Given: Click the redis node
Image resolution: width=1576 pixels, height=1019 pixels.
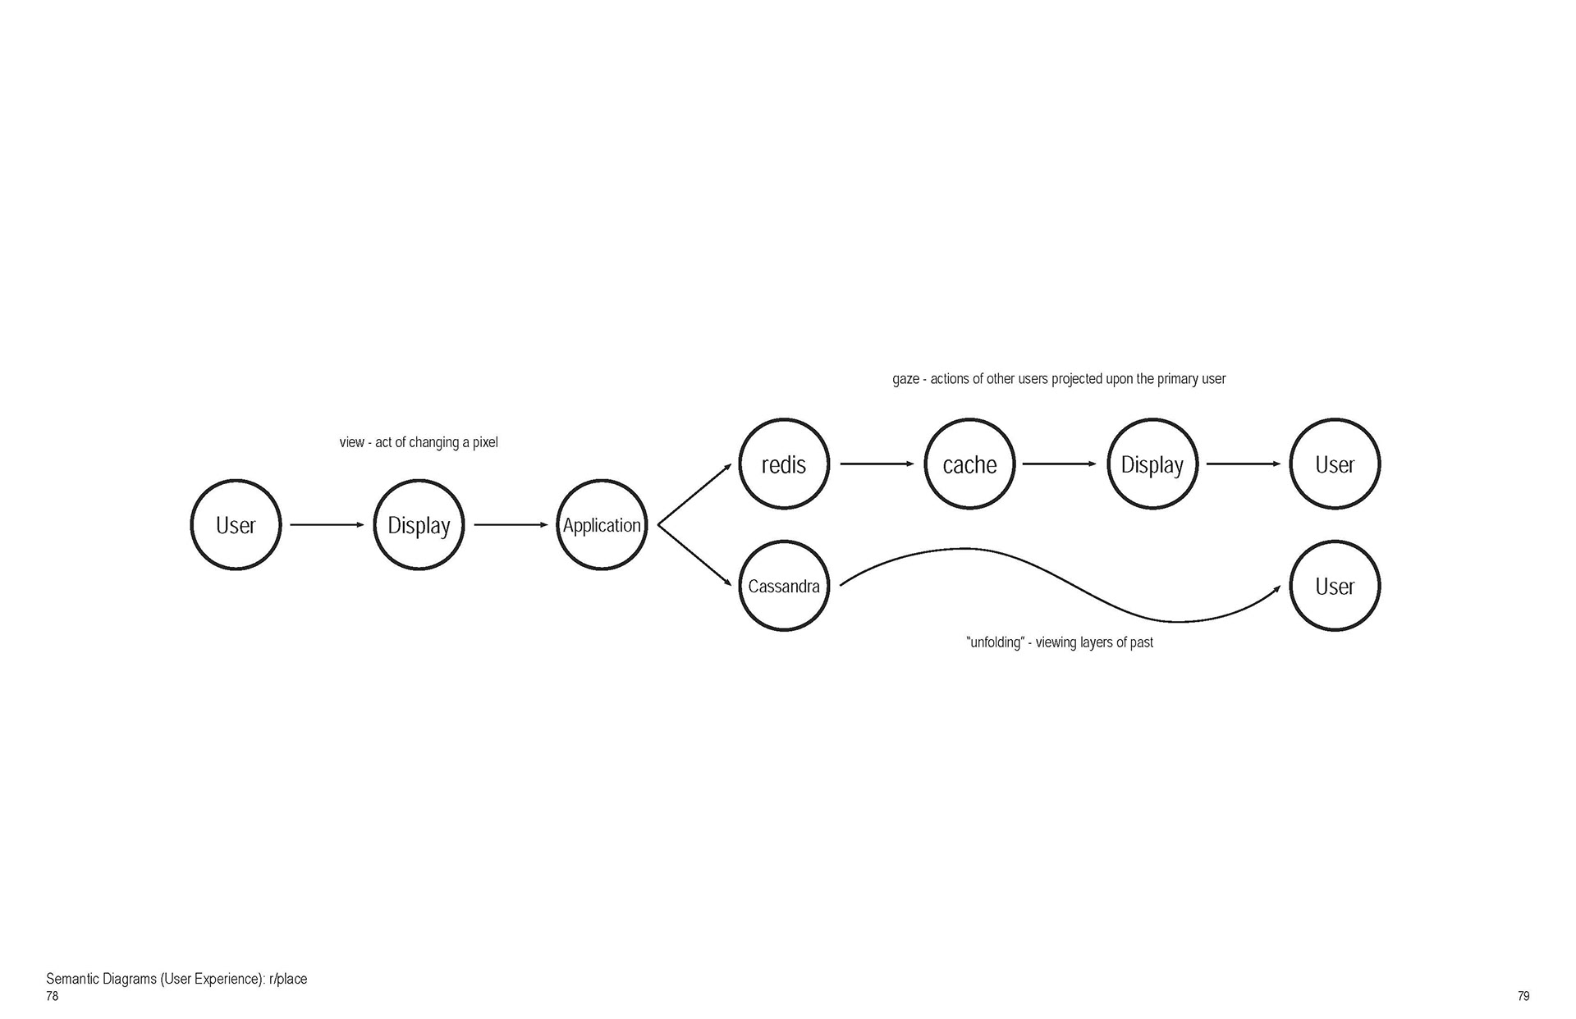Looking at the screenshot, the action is (784, 464).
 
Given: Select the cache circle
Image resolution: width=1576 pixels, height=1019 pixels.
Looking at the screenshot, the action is (969, 464).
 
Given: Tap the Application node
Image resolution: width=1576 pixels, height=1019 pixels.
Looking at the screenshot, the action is (602, 525).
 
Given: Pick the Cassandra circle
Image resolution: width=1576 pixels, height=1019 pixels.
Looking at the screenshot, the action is (784, 586).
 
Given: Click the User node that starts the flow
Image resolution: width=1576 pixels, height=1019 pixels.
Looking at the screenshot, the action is (236, 525).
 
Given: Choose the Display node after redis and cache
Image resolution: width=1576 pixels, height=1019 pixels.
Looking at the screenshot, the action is (1152, 464).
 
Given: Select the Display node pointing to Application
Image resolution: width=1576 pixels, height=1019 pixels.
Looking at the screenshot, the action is (419, 525).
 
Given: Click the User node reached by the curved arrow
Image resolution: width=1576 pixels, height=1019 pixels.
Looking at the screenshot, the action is (1335, 586).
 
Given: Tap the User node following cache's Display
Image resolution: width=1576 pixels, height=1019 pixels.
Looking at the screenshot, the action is (1335, 464).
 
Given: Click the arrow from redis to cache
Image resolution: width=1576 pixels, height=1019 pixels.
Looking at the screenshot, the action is (877, 464).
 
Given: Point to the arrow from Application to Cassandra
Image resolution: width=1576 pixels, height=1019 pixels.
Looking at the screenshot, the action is (694, 555).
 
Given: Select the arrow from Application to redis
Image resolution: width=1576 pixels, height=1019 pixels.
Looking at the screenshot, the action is (694, 494).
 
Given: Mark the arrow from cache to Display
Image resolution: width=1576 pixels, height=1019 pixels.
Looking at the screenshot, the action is (1059, 464).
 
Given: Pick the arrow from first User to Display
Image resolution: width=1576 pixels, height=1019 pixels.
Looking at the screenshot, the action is (327, 524).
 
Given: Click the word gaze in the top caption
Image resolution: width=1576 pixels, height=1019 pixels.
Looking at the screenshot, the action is (905, 379).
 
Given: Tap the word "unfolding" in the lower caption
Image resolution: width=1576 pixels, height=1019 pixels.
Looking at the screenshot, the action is (995, 642).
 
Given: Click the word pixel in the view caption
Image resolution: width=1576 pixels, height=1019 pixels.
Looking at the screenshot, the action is (485, 442).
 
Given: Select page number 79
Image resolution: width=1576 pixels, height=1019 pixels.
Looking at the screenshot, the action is (1523, 996).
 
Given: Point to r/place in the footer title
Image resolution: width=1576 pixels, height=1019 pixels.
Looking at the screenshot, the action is (287, 979).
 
